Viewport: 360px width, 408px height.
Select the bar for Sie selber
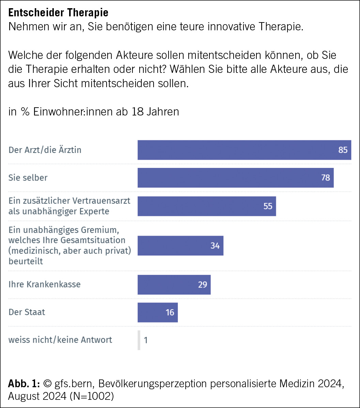(235, 177)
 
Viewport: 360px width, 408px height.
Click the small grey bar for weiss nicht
(139, 340)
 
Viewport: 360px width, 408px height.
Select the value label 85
(343, 150)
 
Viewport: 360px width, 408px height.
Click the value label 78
(326, 177)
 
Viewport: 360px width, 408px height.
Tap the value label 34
(215, 246)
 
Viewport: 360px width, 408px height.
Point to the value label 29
(202, 284)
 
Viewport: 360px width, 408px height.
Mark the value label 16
(170, 312)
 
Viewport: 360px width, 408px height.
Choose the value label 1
(146, 340)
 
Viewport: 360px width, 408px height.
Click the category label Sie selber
(28, 177)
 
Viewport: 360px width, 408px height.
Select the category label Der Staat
(27, 312)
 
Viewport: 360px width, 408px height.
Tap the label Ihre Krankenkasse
(44, 284)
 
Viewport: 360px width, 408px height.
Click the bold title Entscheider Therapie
(58, 13)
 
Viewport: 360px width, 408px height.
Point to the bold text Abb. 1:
(24, 384)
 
